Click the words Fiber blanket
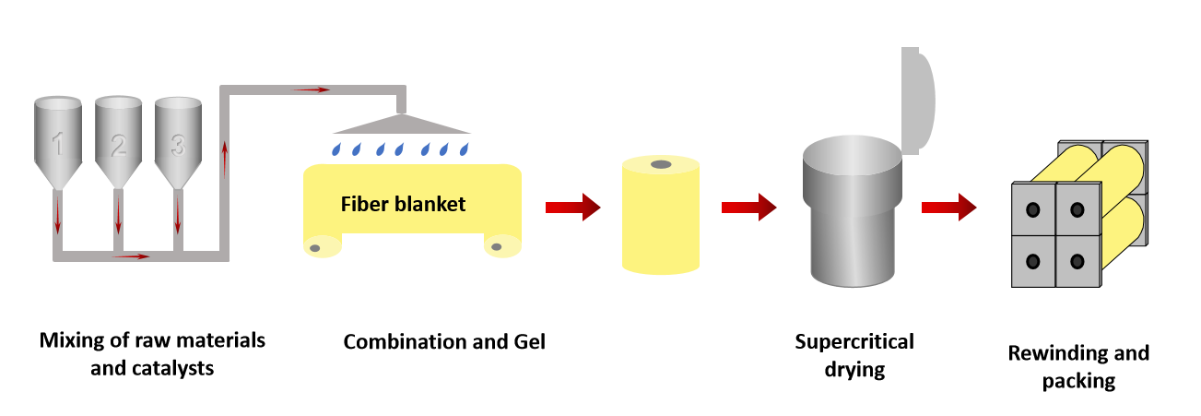[404, 204]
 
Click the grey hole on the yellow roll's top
[661, 165]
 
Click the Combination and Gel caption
[444, 342]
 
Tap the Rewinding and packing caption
[1078, 366]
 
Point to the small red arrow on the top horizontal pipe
[312, 89]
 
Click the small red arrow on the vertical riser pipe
[225, 158]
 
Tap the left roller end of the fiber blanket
[314, 247]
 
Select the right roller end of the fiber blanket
[498, 247]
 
